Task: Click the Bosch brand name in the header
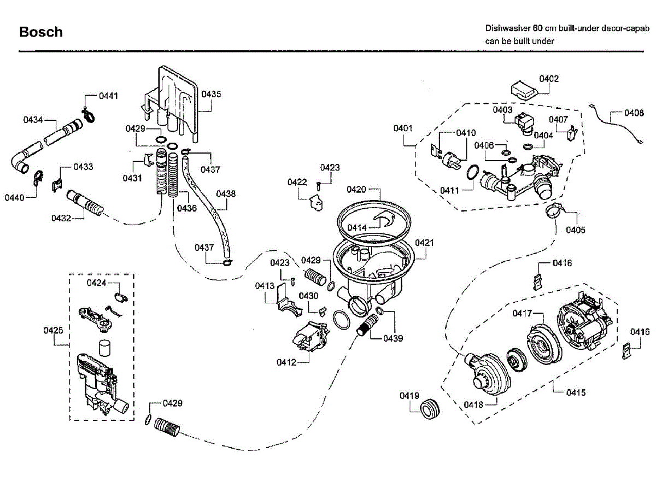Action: pos(41,32)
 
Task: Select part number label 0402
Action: pos(549,79)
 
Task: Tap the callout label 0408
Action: pos(634,114)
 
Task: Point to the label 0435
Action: pos(211,94)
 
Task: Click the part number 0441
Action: pos(108,96)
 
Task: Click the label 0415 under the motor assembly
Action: pos(576,392)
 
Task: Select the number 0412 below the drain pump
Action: pos(286,362)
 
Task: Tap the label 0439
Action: pos(393,338)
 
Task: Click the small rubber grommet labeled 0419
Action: pos(430,408)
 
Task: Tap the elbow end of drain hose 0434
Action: pos(19,163)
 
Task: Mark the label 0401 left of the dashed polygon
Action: pos(403,128)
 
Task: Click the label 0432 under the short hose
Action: pos(61,218)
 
